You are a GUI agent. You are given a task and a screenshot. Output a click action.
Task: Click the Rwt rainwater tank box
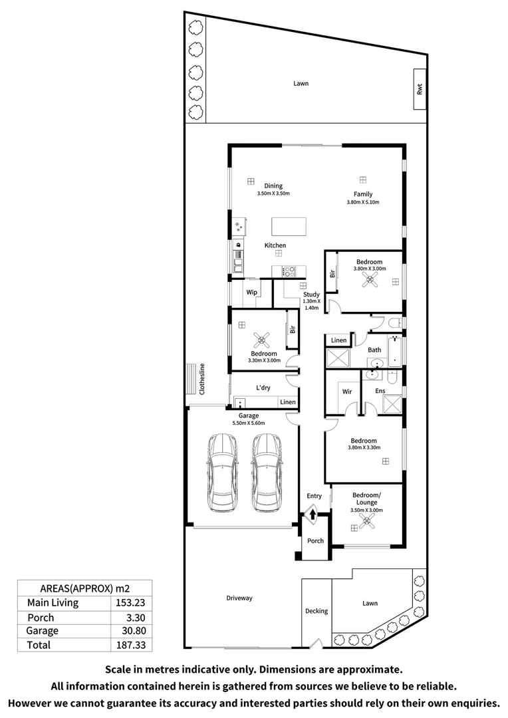[420, 89]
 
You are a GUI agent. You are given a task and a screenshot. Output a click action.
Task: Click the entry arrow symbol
[313, 514]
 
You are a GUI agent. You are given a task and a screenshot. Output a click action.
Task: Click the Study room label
[311, 295]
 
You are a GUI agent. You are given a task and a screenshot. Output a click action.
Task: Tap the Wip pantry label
[252, 292]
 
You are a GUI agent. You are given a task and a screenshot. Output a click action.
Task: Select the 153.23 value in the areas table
[130, 603]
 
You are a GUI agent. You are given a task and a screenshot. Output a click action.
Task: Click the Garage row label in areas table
[42, 631]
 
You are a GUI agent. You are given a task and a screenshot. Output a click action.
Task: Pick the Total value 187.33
[130, 645]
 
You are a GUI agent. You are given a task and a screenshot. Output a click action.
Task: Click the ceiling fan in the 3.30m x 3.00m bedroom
[263, 340]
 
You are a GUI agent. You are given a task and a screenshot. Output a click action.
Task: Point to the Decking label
[317, 611]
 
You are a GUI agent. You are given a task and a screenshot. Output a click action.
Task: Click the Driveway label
[239, 598]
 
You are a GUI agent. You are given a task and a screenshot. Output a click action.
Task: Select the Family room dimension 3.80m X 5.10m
[362, 202]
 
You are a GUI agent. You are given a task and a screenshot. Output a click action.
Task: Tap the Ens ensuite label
[380, 392]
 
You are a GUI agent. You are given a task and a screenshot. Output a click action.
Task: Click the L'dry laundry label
[263, 388]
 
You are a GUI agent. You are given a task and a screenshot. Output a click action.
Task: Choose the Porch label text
[315, 540]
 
